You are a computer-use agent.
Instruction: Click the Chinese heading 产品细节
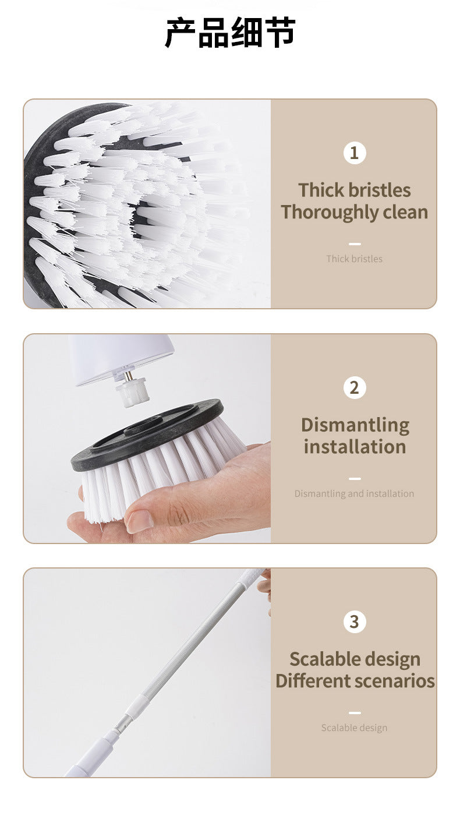point(230,33)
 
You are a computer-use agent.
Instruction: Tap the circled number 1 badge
point(354,153)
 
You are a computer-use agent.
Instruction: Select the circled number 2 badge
point(354,387)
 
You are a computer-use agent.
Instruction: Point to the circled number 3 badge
point(354,622)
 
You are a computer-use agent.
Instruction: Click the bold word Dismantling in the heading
point(355,425)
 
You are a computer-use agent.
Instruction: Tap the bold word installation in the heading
point(355,447)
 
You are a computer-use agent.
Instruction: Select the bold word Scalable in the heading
point(319,659)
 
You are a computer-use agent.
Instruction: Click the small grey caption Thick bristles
point(354,259)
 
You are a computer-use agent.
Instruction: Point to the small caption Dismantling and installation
point(354,493)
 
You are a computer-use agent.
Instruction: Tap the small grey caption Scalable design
point(354,728)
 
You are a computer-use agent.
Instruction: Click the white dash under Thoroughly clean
point(354,244)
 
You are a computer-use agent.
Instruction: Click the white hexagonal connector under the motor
point(132,393)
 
